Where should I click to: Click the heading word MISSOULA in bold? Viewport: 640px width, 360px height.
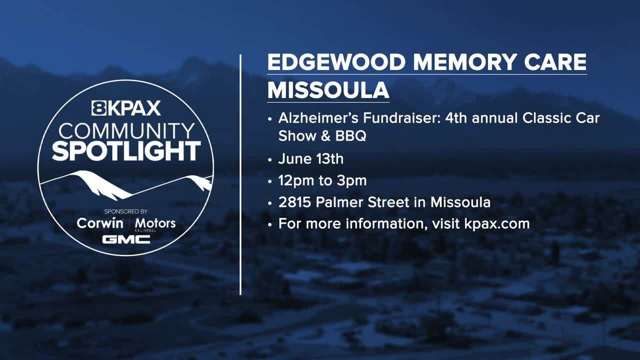(x=328, y=90)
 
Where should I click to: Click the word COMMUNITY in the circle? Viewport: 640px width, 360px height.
(x=126, y=131)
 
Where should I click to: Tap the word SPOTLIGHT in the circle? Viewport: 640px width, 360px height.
(x=126, y=151)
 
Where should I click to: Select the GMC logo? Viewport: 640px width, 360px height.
(x=126, y=239)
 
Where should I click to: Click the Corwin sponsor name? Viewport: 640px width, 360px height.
(x=100, y=223)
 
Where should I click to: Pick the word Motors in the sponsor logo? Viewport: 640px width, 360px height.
(x=155, y=223)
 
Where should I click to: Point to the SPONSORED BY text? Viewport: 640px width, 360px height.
(x=126, y=211)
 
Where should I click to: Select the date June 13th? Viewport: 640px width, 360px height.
(x=310, y=159)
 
